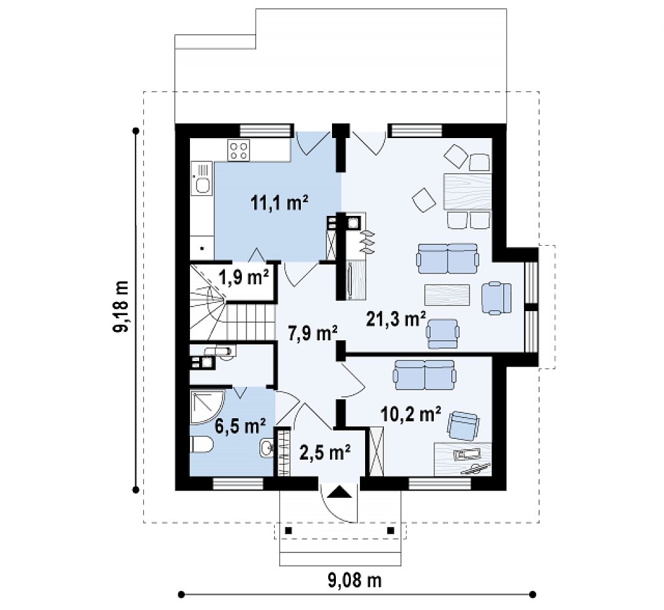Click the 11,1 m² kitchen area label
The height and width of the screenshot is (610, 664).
[x=279, y=204]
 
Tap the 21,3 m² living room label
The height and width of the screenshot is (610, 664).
[x=396, y=319]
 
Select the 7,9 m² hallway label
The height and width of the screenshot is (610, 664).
[x=313, y=333]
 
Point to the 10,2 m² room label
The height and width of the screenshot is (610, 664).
[x=410, y=414]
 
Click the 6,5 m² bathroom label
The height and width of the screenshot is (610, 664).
[x=240, y=427]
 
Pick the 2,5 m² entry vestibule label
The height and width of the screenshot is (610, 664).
[x=325, y=452]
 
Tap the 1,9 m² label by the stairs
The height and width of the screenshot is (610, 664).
[x=244, y=278]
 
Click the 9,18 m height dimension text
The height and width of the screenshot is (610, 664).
[x=121, y=306]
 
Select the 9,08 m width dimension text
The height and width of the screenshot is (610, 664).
[x=355, y=580]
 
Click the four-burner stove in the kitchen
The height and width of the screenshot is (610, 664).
[x=239, y=150]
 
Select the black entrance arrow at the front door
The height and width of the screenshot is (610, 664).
[x=338, y=493]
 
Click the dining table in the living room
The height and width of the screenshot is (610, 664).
[x=468, y=191]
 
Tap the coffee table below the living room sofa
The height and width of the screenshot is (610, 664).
[x=447, y=295]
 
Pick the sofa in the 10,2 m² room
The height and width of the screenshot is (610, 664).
[x=425, y=375]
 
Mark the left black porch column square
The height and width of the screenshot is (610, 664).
[x=289, y=530]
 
